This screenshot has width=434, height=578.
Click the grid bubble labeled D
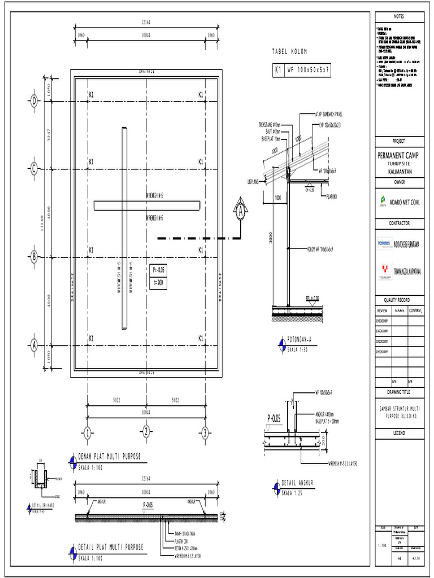33,101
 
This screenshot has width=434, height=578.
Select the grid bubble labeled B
33,257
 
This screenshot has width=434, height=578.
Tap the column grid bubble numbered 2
146,433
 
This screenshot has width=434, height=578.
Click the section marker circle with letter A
240,213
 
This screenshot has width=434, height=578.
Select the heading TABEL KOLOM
289,51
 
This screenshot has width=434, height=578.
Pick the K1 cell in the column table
278,71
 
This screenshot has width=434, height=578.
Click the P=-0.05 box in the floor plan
158,270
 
